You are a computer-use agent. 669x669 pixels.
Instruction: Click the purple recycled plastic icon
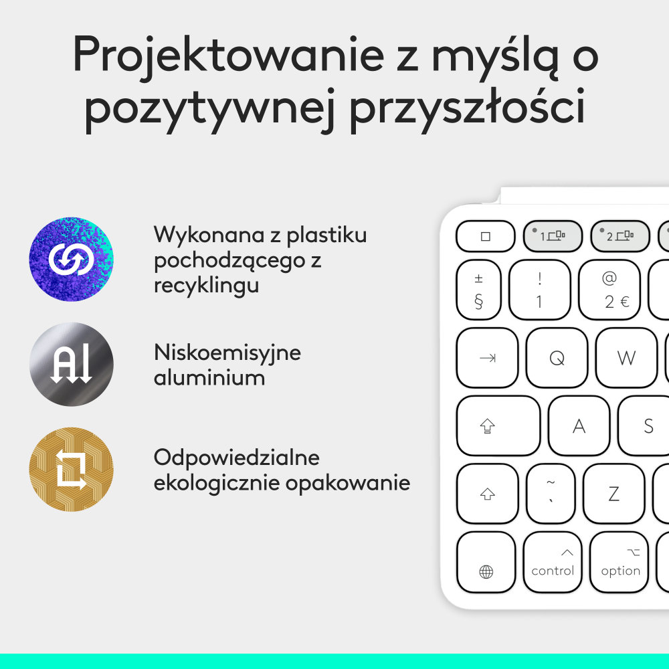point(71,259)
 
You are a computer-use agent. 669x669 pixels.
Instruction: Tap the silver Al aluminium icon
point(71,365)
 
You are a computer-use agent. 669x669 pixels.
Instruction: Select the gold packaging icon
point(71,470)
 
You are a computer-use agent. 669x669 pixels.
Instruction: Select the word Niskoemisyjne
point(227,352)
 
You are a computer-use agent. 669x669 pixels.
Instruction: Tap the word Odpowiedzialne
point(237,458)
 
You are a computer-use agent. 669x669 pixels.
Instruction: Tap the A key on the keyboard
point(579,426)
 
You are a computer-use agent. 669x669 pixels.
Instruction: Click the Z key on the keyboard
point(613,494)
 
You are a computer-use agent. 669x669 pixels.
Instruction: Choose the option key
point(619,562)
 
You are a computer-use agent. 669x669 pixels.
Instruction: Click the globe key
point(486,563)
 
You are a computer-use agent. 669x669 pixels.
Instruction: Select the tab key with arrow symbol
point(488,358)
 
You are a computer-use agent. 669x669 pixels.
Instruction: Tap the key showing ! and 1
point(539,290)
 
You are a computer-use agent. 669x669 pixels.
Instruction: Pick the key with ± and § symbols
point(478,290)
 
